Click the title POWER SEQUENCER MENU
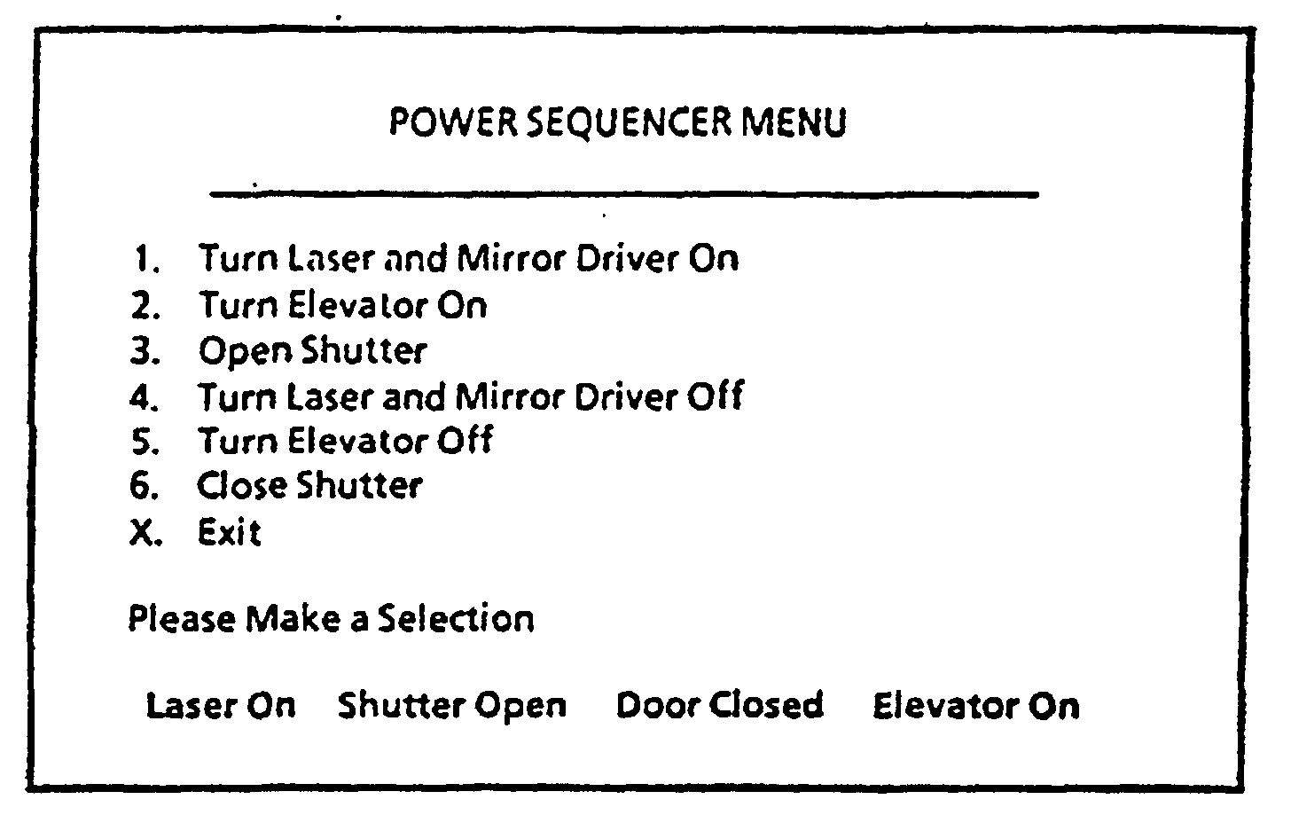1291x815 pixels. pos(618,122)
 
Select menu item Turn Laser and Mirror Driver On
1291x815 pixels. pos(468,258)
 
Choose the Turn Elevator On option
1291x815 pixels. pos(342,305)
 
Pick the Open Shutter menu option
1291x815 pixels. pos(312,351)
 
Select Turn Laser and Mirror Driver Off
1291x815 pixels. pos(470,396)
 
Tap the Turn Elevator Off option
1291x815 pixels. pos(345,441)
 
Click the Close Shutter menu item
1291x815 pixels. pos(309,486)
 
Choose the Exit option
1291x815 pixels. pos(230,533)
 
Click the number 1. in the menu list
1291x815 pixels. pos(146,260)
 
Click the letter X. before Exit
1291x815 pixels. pos(145,534)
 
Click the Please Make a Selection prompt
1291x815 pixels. pos(332,618)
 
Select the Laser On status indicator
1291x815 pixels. pos(221,706)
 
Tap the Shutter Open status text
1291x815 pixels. pos(452,706)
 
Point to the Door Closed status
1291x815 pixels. pos(719,706)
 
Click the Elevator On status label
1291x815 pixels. pos(976,706)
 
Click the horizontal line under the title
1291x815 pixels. pos(623,193)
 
